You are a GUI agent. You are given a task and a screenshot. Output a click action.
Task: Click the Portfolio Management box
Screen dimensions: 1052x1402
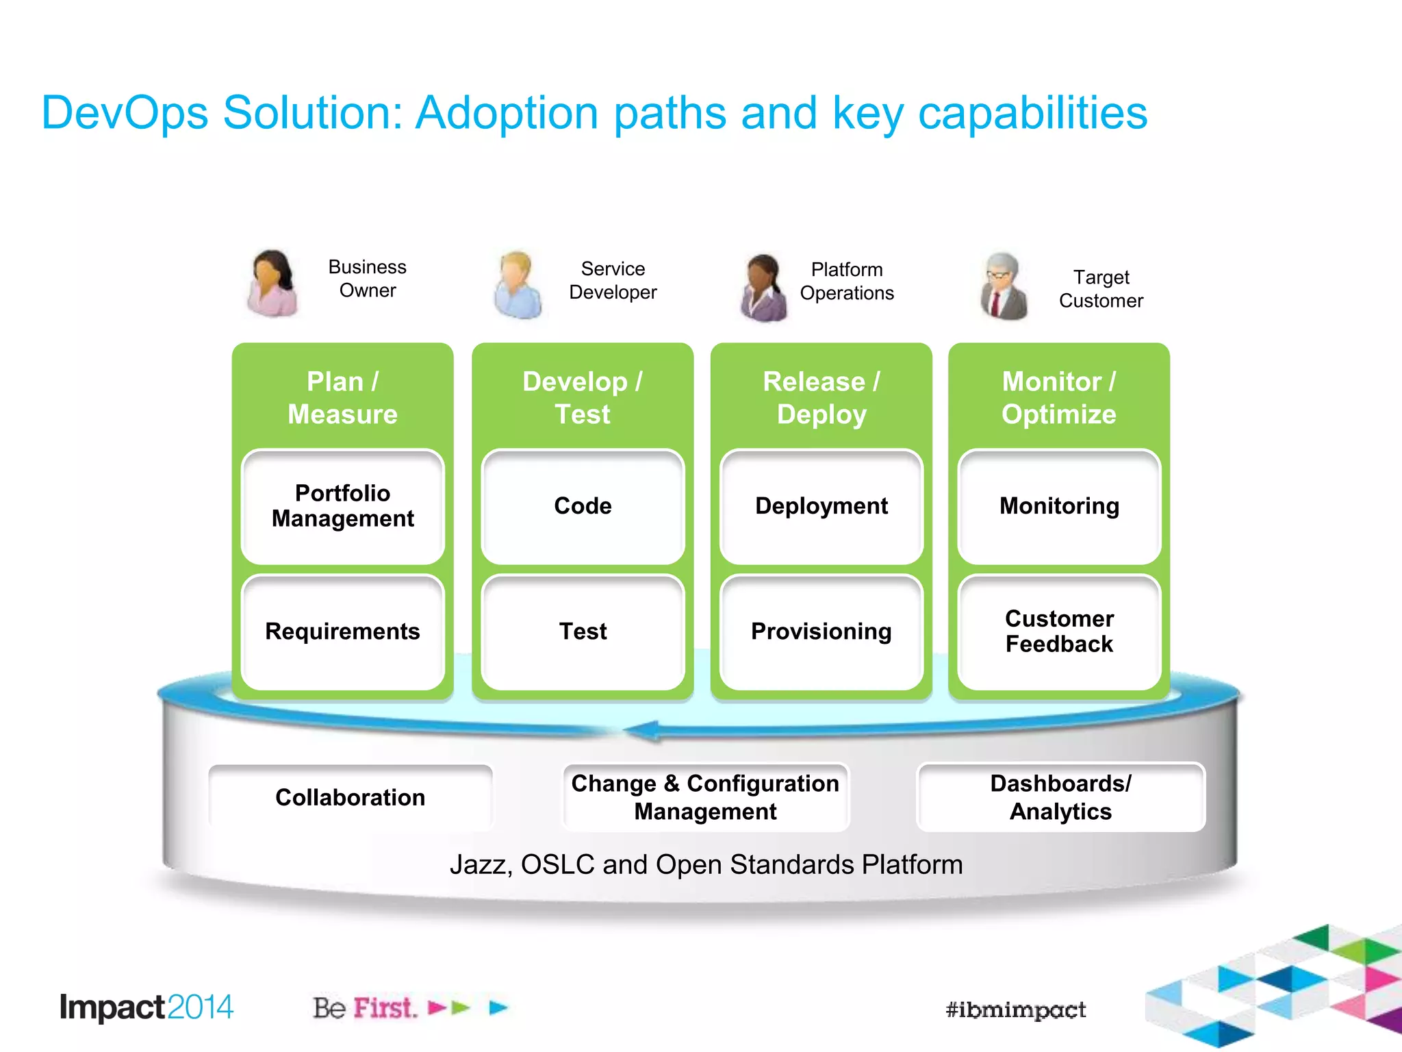[342, 506]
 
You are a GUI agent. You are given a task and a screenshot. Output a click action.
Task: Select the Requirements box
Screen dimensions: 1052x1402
[342, 631]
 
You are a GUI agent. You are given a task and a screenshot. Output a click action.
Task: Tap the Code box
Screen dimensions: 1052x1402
[583, 506]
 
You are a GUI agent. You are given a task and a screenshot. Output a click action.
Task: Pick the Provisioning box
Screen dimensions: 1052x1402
[821, 631]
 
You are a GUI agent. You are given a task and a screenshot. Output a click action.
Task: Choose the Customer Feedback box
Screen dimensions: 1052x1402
[1059, 631]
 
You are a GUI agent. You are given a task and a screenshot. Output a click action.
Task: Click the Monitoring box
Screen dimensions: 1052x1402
[1059, 506]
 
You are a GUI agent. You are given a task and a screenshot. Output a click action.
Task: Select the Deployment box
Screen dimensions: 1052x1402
[821, 506]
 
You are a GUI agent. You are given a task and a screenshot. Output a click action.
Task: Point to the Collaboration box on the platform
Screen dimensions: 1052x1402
[350, 797]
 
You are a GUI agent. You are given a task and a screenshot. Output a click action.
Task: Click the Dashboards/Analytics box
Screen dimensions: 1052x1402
[1060, 797]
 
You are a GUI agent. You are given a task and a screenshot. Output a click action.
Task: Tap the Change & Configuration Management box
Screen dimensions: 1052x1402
[705, 797]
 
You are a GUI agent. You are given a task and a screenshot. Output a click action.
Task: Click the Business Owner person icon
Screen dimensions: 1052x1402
[273, 283]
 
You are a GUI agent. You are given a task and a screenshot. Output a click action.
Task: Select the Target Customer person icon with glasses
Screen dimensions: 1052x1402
[1004, 286]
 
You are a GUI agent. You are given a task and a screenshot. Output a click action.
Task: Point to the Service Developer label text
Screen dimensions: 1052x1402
[613, 280]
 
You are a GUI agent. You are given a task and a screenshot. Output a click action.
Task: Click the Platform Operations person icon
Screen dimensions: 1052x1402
[763, 288]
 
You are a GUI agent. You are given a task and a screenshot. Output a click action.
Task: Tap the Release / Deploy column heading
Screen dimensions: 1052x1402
[821, 398]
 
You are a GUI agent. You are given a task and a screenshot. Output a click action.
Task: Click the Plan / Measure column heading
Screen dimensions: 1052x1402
[342, 398]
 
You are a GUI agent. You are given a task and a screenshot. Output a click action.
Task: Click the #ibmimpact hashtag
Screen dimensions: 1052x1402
[1015, 1010]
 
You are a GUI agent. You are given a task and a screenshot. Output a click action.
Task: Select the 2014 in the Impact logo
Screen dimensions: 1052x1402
[199, 1007]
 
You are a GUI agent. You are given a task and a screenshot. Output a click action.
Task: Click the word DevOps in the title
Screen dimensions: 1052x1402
[125, 113]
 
